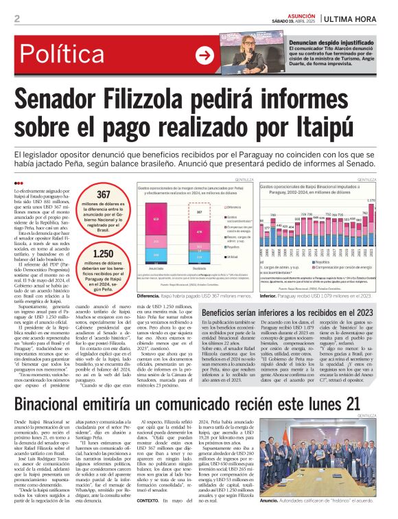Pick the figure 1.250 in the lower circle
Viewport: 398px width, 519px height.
click(x=103, y=254)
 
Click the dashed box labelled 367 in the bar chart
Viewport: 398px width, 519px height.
click(x=200, y=213)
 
